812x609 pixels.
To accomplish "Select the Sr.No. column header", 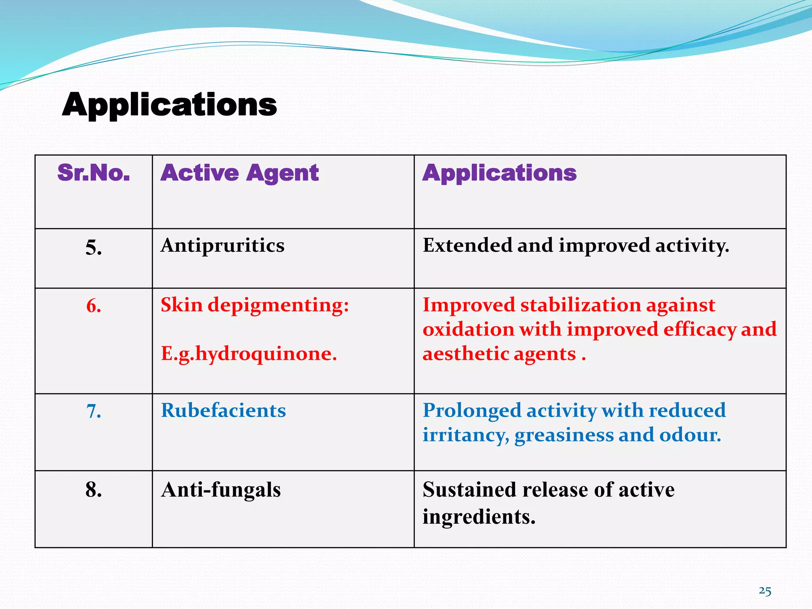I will coord(94,173).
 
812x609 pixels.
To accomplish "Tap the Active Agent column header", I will coord(239,173).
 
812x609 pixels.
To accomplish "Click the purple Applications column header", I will coord(499,173).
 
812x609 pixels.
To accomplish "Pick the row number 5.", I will coord(94,248).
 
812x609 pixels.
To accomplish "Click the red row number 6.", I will coord(94,306).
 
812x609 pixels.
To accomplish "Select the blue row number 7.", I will coord(94,411).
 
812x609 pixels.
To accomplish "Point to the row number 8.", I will coord(94,490).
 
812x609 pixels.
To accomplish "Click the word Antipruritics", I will coord(222,245).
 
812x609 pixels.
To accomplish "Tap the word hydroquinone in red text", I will coord(266,354).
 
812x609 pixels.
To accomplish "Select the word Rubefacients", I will coord(223,410).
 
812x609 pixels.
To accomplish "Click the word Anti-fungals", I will coord(221,490).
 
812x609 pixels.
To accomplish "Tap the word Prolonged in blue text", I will coord(471,411).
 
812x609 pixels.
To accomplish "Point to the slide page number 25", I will coord(765,591).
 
